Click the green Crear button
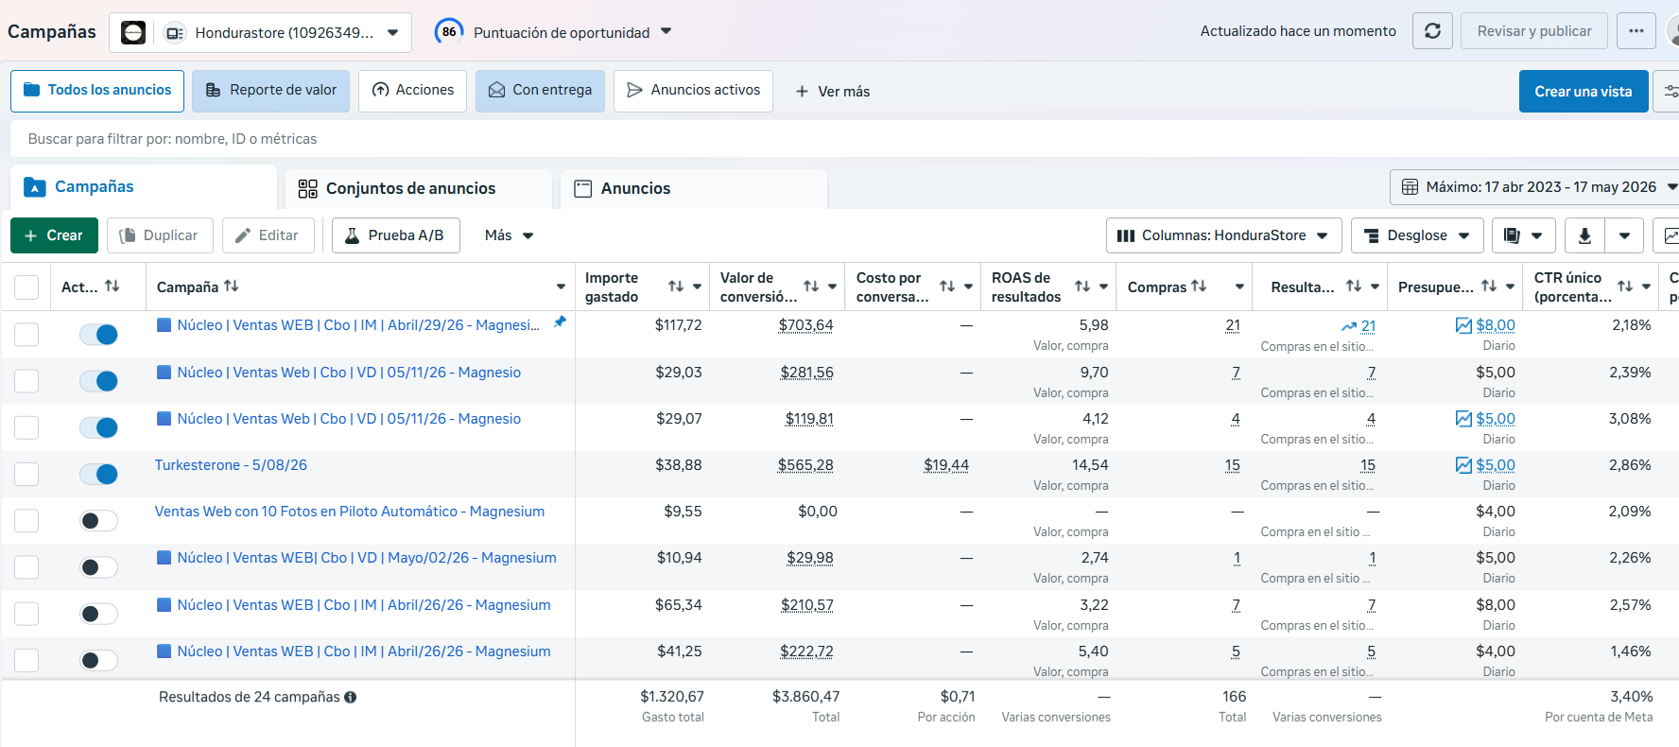click(x=54, y=235)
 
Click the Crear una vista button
click(x=1584, y=92)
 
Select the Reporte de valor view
click(x=270, y=91)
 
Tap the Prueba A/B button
click(x=395, y=235)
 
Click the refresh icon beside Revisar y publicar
click(x=1432, y=31)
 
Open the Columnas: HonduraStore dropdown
click(x=1223, y=235)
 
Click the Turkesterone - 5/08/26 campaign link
click(x=231, y=465)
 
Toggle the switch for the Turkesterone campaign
click(x=98, y=474)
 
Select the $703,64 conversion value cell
click(x=805, y=325)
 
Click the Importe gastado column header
click(x=612, y=287)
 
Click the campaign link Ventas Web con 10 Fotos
click(x=350, y=512)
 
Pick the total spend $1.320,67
click(x=672, y=697)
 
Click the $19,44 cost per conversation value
click(x=946, y=465)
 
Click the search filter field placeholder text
click(x=172, y=139)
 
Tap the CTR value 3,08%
click(x=1630, y=419)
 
